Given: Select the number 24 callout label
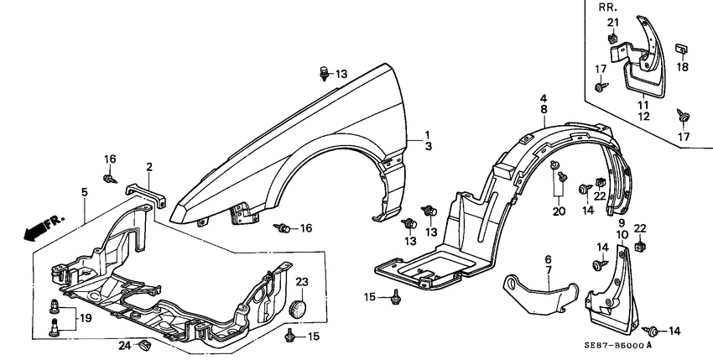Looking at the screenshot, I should pos(124,344).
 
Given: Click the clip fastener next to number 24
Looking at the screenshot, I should pos(145,343).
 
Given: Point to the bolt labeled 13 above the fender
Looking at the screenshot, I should pos(325,73).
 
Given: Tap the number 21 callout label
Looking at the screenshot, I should pos(613,22).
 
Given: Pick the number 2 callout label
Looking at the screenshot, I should pos(148,167).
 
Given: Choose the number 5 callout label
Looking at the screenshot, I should pos(85,192).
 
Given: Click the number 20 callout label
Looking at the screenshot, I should pos(559,212).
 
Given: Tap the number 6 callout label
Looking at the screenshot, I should pos(548,259).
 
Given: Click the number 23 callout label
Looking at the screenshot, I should pos(302,281).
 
